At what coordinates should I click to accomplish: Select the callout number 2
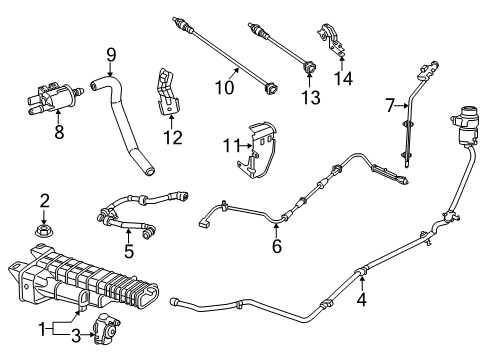pos(44,202)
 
